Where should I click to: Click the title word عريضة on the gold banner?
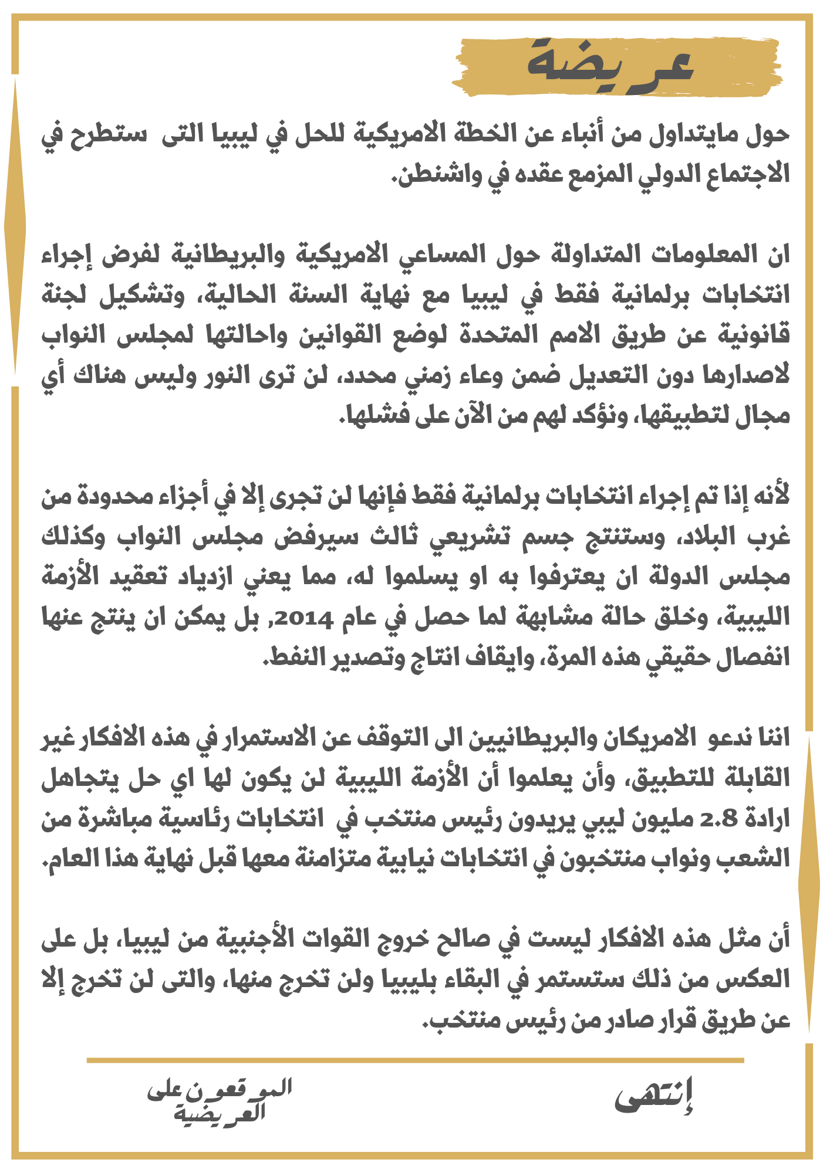click(x=610, y=63)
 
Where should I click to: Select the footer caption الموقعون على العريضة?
click(x=220, y=1100)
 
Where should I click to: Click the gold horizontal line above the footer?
click(x=415, y=1060)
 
